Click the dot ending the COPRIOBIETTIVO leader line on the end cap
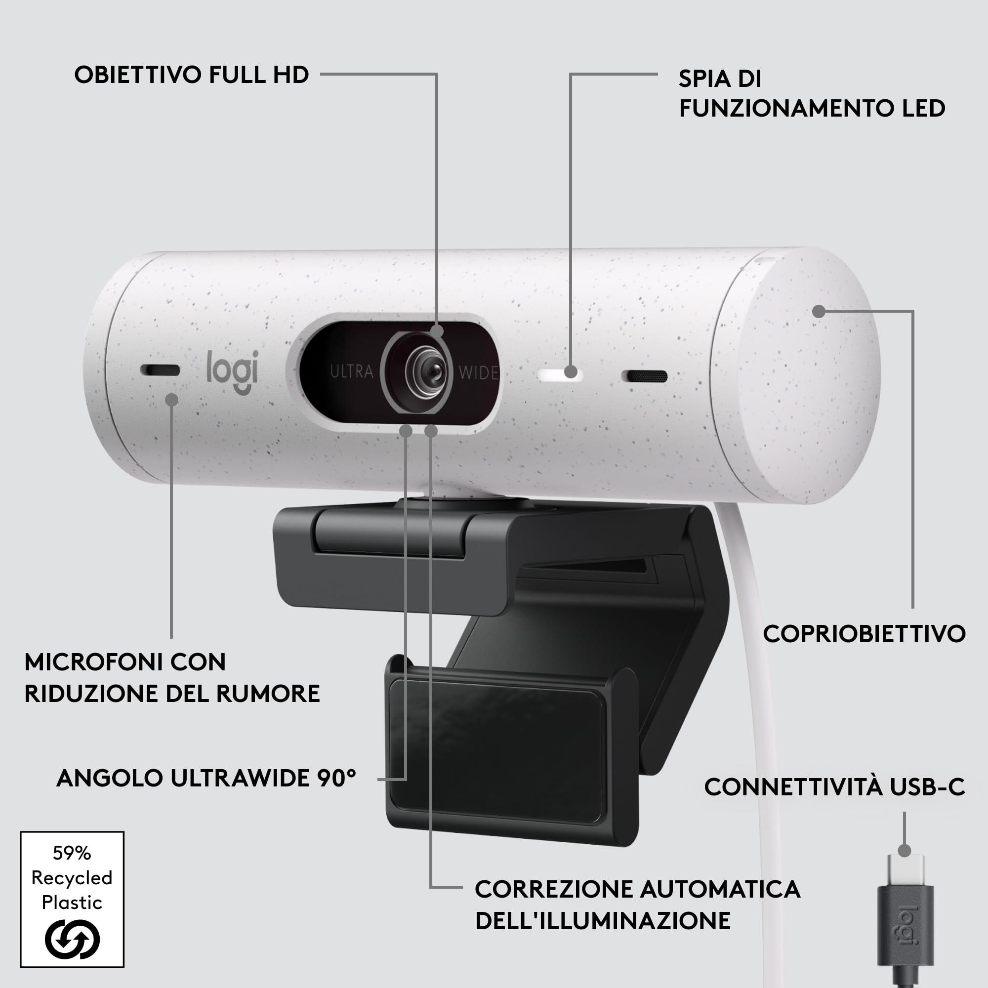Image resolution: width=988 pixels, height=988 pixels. click(819, 311)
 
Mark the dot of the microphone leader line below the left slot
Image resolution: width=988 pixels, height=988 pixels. click(172, 399)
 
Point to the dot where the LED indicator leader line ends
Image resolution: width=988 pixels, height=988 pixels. click(571, 372)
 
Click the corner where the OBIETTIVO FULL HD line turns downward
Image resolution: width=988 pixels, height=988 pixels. click(437, 74)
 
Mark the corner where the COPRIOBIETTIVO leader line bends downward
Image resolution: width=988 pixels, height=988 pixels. click(912, 311)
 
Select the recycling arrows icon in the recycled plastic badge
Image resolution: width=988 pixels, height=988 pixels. click(72, 939)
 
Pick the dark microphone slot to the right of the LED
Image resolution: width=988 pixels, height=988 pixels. click(644, 376)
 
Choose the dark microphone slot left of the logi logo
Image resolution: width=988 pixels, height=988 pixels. click(160, 370)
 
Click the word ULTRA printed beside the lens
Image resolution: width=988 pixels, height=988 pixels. click(352, 372)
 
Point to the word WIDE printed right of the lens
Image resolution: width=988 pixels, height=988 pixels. click(479, 373)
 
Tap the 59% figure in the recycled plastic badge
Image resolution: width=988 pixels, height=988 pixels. click(72, 853)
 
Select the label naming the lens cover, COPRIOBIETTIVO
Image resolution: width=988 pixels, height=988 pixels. click(864, 634)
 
